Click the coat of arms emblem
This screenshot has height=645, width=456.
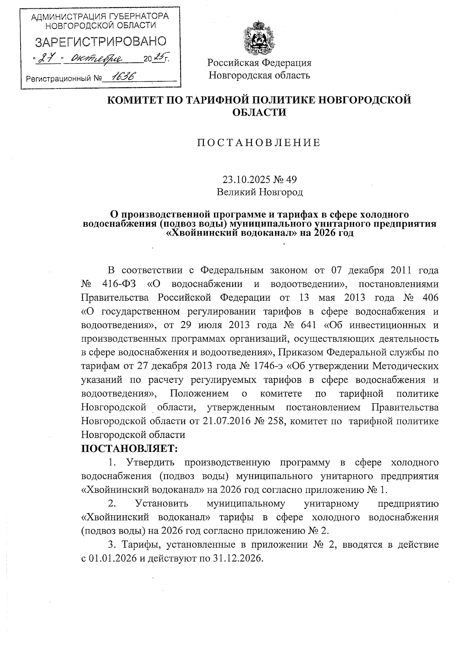tap(259, 39)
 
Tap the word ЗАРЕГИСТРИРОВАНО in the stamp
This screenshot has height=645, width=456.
tap(101, 42)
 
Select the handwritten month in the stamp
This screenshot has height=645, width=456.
tap(97, 59)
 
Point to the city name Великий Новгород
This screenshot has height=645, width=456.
tap(260, 192)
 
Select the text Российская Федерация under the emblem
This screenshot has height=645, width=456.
tap(259, 63)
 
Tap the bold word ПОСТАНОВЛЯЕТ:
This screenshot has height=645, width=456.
tap(130, 448)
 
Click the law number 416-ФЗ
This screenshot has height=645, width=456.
tap(120, 284)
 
